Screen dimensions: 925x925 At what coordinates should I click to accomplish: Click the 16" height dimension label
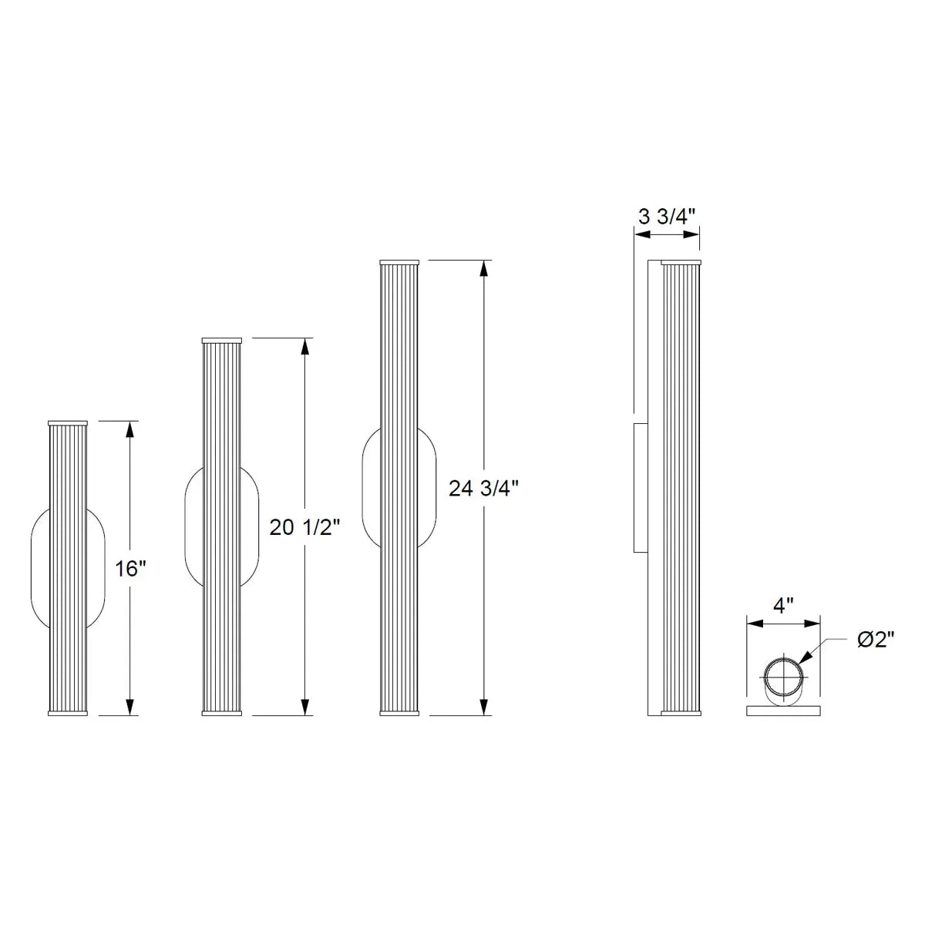pyautogui.click(x=130, y=570)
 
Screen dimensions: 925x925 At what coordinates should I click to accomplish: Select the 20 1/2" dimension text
pyautogui.click(x=304, y=527)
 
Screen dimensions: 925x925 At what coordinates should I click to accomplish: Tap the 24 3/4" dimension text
pyautogui.click(x=483, y=488)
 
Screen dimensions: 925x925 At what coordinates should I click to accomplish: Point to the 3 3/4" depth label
pyautogui.click(x=667, y=216)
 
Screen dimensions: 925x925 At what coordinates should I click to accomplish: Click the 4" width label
pyautogui.click(x=783, y=605)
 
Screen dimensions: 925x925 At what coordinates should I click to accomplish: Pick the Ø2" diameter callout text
pyautogui.click(x=875, y=640)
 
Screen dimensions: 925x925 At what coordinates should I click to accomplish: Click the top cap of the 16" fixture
pyautogui.click(x=69, y=423)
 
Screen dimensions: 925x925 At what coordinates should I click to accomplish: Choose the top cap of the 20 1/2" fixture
pyautogui.click(x=222, y=340)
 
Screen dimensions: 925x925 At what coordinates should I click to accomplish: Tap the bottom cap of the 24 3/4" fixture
pyautogui.click(x=399, y=713)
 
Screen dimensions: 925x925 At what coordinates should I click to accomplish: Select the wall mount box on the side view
pyautogui.click(x=639, y=487)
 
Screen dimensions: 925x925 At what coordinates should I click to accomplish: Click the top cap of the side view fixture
pyautogui.click(x=681, y=262)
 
